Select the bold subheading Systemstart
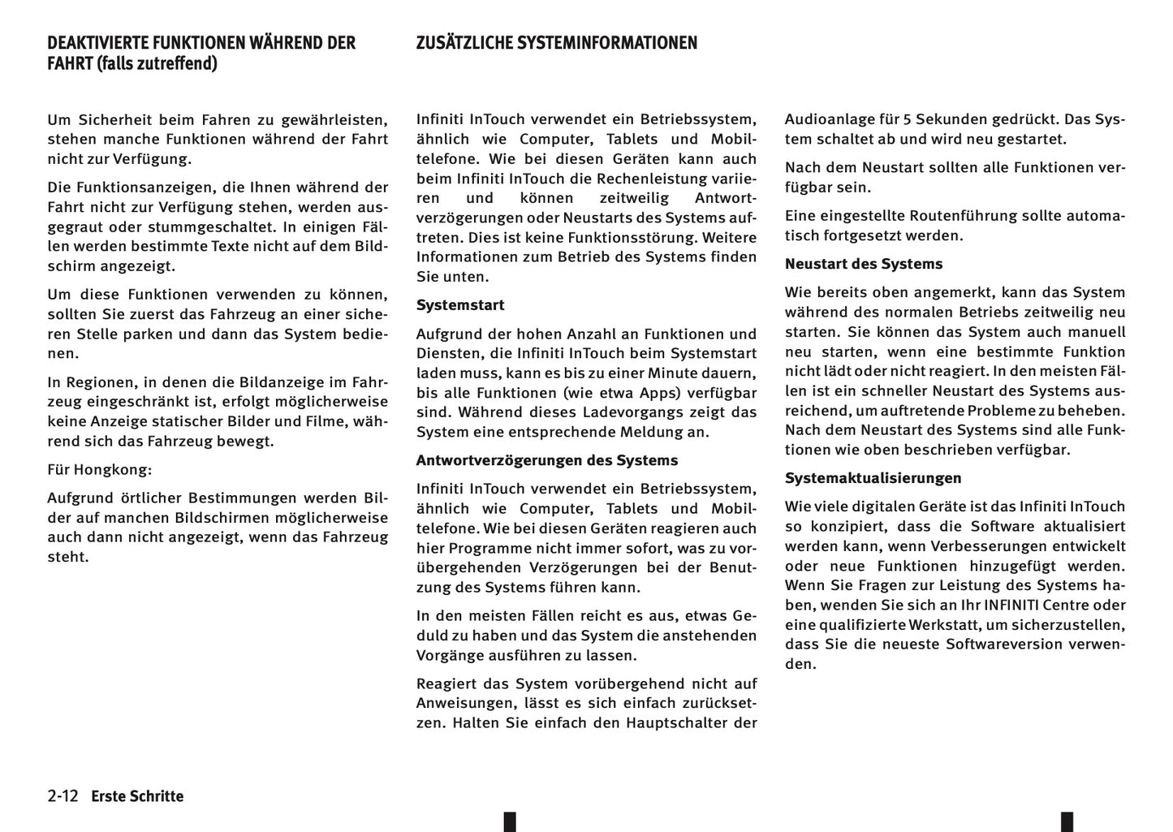coord(460,305)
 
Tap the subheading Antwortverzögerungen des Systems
coord(546,460)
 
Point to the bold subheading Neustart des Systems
coord(863,264)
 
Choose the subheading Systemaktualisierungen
coord(873,478)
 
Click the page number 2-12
coord(63,796)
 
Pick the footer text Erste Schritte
coord(137,796)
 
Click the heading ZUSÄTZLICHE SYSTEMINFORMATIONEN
coord(556,43)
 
